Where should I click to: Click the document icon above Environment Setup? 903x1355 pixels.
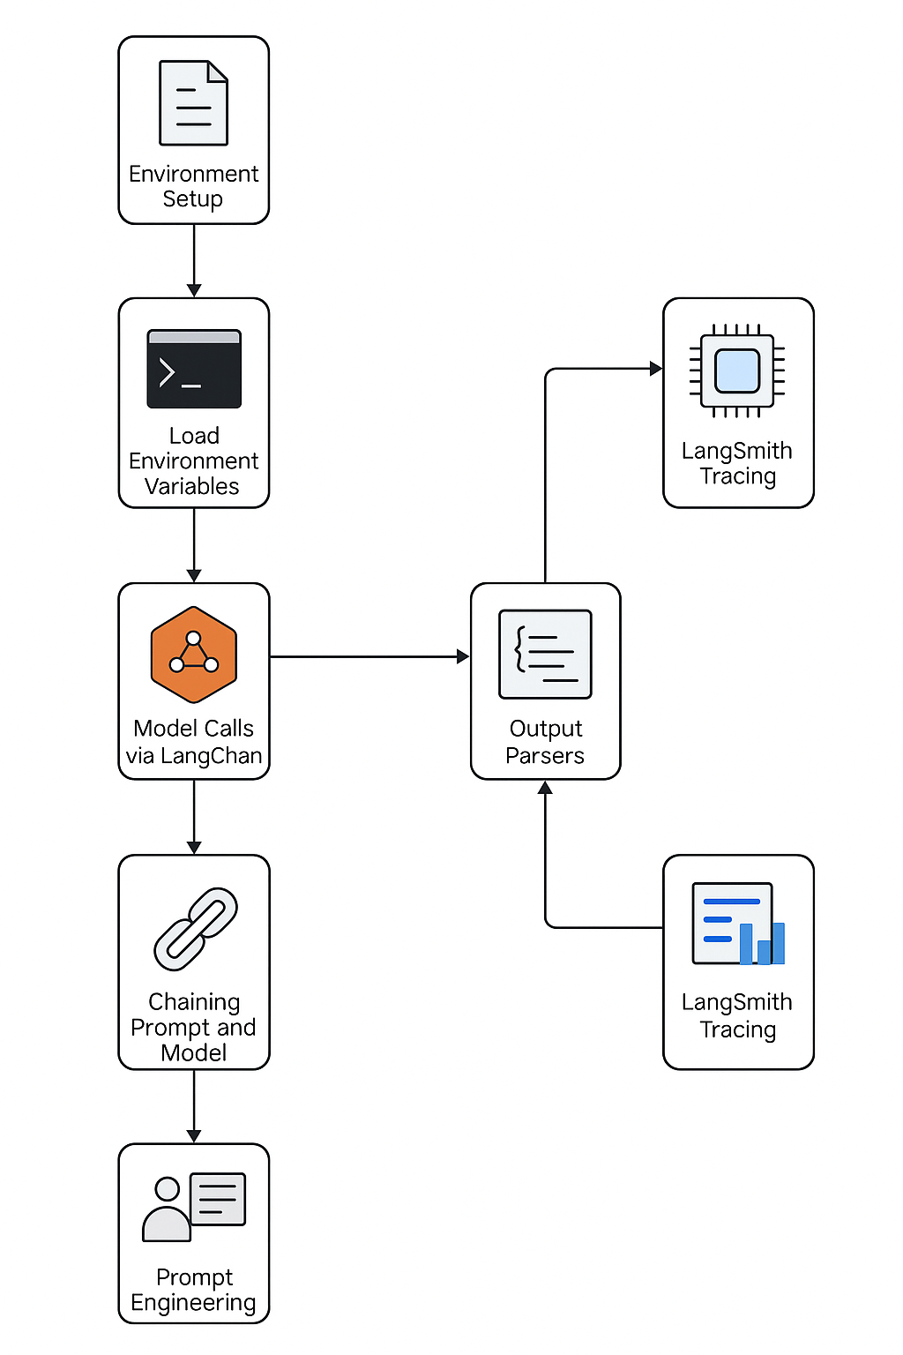[193, 103]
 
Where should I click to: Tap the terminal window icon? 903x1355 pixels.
[194, 369]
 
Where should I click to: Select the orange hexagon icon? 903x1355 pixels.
[194, 655]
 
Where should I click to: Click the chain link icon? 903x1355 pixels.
[195, 929]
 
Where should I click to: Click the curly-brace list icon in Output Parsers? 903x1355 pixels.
[545, 654]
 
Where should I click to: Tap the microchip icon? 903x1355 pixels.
[737, 371]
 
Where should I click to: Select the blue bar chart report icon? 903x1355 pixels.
[738, 924]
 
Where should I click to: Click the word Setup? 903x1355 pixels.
[192, 199]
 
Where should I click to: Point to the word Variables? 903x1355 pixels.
[192, 486]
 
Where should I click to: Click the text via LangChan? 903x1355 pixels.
[194, 756]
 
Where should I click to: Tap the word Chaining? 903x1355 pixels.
[194, 1002]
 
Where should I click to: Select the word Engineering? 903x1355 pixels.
[193, 1303]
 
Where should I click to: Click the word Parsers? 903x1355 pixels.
[545, 756]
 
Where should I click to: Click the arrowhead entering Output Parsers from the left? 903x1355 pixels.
[463, 656]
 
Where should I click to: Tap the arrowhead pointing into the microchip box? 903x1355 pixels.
[655, 369]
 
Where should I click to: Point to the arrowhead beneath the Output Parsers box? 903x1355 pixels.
[545, 788]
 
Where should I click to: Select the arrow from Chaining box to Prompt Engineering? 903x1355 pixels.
[194, 1106]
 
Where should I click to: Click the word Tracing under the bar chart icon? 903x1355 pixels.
[738, 1029]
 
